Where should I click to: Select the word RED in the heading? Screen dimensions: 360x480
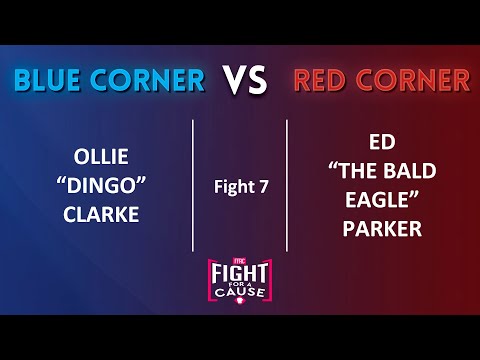[320, 80]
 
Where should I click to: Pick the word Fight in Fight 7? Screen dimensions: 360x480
[228, 186]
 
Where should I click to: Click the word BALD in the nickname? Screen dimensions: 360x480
[414, 171]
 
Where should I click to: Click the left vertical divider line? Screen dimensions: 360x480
[192, 185]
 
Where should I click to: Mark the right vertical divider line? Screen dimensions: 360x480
[287, 185]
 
